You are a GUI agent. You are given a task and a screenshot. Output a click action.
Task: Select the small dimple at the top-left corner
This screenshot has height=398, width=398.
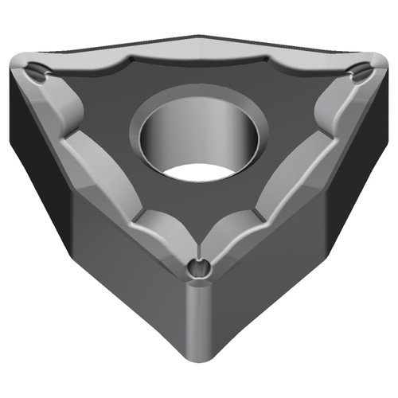pyautogui.click(x=37, y=73)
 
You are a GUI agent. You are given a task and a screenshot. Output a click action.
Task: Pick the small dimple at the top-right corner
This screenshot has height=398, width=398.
pyautogui.click(x=361, y=74)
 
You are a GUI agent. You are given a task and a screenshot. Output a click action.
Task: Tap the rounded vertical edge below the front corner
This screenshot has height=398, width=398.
pyautogui.click(x=199, y=334)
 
